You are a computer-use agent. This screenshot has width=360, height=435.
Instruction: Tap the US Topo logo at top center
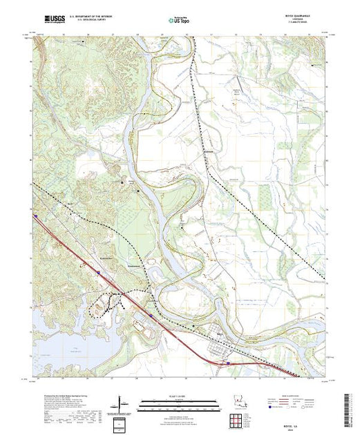point(179,19)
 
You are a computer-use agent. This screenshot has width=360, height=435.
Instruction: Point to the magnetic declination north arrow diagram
point(122,402)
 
